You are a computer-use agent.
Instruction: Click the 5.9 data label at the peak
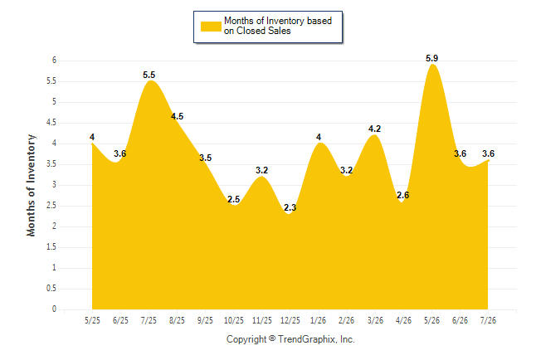[x=431, y=58]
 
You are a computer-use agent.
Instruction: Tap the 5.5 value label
[x=149, y=75]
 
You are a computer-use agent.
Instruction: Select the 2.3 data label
[x=290, y=207]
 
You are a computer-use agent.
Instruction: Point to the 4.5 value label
[x=177, y=117]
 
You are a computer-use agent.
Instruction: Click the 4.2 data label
[x=374, y=129]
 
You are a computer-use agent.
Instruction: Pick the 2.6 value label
[x=402, y=195]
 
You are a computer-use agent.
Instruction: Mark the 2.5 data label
[x=233, y=199]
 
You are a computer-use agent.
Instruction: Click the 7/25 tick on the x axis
[x=149, y=320]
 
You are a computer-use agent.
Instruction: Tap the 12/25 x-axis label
[x=290, y=320]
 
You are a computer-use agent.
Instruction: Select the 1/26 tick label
[x=319, y=320]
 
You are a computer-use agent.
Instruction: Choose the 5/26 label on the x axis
[x=431, y=320]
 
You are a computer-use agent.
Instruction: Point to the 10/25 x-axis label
[x=234, y=320]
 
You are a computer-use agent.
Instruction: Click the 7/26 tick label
[x=488, y=320]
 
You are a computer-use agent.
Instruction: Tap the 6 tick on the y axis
[x=54, y=61]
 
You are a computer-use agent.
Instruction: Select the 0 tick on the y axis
[x=54, y=309]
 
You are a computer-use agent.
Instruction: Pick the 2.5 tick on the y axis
[x=51, y=206]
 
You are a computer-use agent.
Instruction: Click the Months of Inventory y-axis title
[x=31, y=185]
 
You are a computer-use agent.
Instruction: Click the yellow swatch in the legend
[x=211, y=27]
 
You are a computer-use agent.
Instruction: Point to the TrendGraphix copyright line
[x=290, y=339]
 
